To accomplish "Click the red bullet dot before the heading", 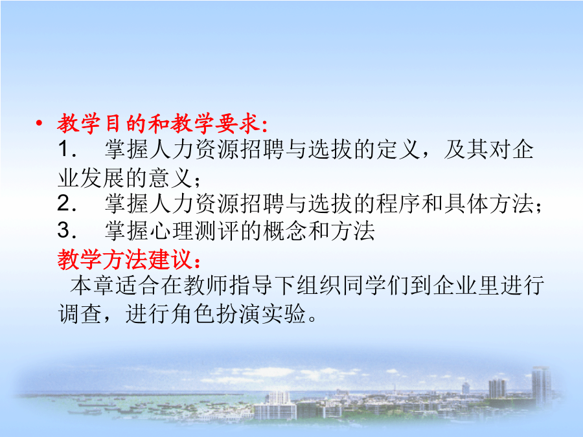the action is point(39,123).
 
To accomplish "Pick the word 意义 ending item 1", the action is point(170,177).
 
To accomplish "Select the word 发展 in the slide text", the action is point(102,177).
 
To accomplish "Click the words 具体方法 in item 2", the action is point(488,204).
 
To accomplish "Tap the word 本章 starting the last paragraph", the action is point(92,286).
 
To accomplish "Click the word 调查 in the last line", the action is point(80,314).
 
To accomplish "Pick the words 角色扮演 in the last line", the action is point(216,314).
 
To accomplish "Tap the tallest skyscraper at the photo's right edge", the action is point(541,387).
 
